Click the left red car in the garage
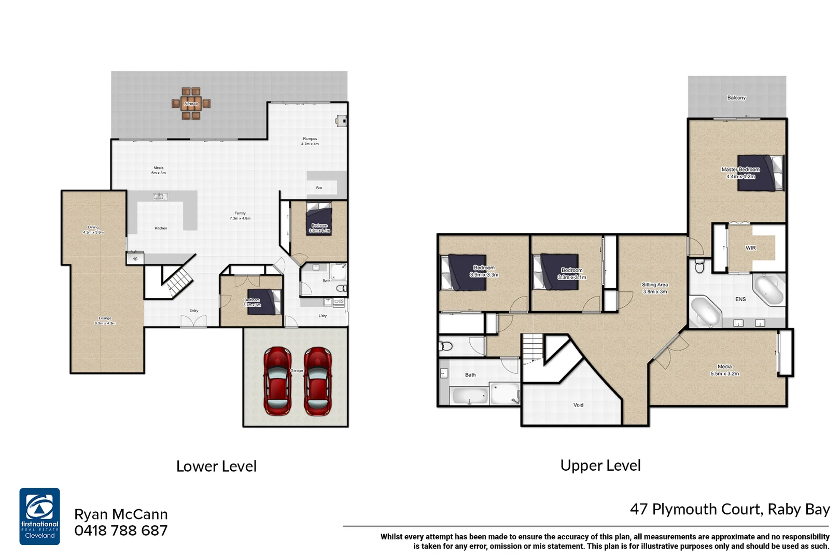pos(277,381)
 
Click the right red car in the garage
pos(317,381)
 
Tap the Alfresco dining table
pos(191,104)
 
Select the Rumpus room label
pos(310,141)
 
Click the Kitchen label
pos(161,228)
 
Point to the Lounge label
pos(105,320)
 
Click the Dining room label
pos(93,230)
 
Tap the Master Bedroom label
pos(740,173)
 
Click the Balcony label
pos(736,97)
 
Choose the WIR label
pos(750,248)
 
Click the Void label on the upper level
pos(578,405)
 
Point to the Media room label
pos(724,370)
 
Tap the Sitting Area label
pos(654,288)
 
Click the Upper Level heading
pos(600,466)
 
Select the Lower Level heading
pos(216,466)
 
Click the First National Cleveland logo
pos(40,516)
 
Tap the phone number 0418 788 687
pos(121,530)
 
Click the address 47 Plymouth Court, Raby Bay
pos(730,509)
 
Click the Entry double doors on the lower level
pos(193,321)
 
